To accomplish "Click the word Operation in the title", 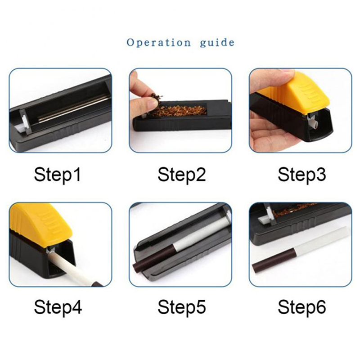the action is (x=159, y=43).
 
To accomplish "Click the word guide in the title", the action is (x=217, y=43).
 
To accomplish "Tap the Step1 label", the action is (x=58, y=175).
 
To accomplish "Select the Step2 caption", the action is (x=181, y=175).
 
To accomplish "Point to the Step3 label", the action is (x=301, y=175).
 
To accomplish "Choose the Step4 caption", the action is (x=58, y=307).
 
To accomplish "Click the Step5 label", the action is (x=181, y=307).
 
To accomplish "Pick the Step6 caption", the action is (x=301, y=307).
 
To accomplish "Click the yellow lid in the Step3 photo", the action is (x=296, y=92).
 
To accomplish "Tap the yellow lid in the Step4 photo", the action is (x=41, y=220).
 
